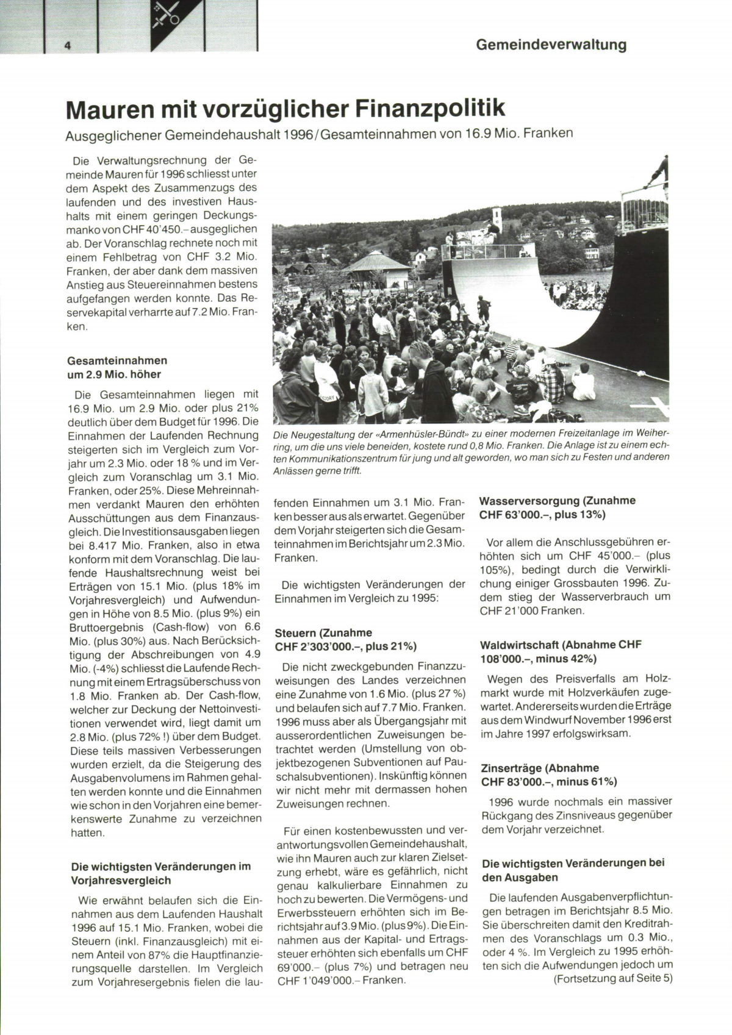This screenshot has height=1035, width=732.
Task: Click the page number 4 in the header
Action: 68,46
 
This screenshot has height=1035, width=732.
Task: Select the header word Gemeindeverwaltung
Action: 551,45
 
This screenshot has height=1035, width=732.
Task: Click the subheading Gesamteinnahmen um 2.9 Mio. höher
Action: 117,368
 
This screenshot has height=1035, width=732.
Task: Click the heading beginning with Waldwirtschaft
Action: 561,651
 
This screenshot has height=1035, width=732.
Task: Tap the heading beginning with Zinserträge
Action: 549,775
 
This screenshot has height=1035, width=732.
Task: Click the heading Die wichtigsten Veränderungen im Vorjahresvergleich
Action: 160,873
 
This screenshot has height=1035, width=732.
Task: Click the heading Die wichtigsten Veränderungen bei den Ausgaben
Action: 573,870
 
